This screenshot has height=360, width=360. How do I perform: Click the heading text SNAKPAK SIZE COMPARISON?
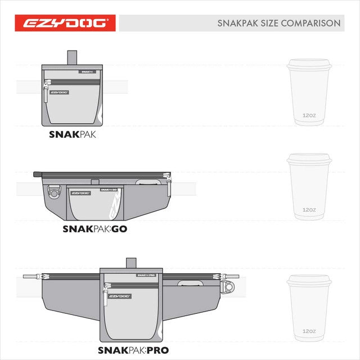[x=278, y=24]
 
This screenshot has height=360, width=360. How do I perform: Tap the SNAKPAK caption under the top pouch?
[x=71, y=135]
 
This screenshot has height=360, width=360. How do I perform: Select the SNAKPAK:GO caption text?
[x=94, y=229]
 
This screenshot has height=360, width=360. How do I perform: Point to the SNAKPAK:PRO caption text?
[x=133, y=350]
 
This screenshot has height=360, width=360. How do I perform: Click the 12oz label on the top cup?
[x=309, y=116]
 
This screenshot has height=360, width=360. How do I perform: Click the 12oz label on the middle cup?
[x=309, y=209]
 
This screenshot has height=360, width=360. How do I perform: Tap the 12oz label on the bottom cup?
[x=309, y=331]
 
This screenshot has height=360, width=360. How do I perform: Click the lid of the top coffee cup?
[x=309, y=63]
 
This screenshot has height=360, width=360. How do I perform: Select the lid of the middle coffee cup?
[x=309, y=159]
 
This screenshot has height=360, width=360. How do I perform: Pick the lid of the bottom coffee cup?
[x=309, y=280]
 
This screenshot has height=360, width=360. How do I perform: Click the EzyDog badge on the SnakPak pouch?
[x=58, y=93]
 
